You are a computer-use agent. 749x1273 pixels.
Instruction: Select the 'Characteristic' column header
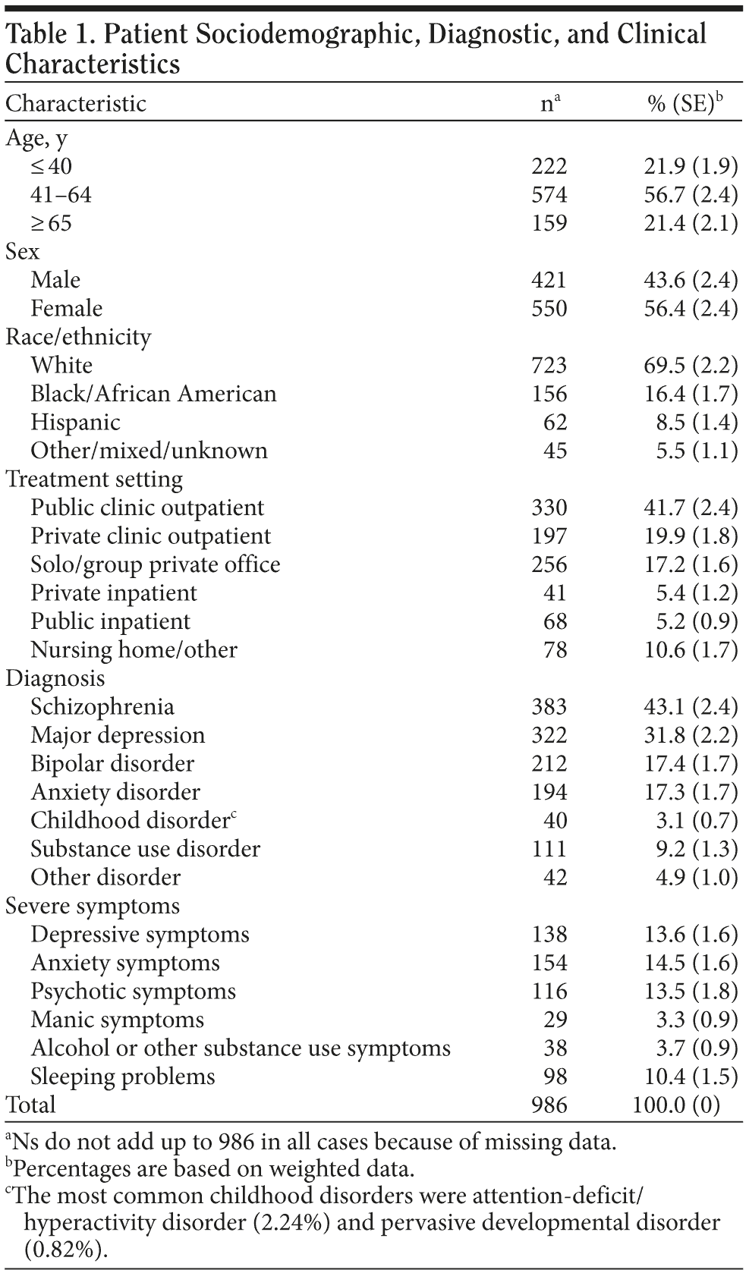[x=76, y=103]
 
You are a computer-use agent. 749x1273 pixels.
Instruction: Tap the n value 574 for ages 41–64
[x=549, y=195]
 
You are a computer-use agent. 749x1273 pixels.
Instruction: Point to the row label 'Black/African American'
[x=153, y=394]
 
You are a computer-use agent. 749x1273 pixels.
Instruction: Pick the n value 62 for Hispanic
[x=555, y=422]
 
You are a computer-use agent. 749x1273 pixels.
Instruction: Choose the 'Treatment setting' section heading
[x=94, y=479]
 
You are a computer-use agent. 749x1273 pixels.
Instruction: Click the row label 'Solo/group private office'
[x=156, y=564]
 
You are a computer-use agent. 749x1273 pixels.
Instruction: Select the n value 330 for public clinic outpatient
[x=549, y=508]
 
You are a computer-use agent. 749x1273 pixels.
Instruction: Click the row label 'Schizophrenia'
[x=102, y=707]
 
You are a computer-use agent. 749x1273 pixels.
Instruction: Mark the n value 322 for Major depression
[x=549, y=735]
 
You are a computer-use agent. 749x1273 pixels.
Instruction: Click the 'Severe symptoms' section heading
[x=93, y=906]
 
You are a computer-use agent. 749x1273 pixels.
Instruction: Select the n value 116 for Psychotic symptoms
[x=549, y=992]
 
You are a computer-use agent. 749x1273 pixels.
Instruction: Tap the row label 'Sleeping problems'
[x=123, y=1077]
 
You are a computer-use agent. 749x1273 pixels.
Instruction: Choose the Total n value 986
[x=549, y=1105]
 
